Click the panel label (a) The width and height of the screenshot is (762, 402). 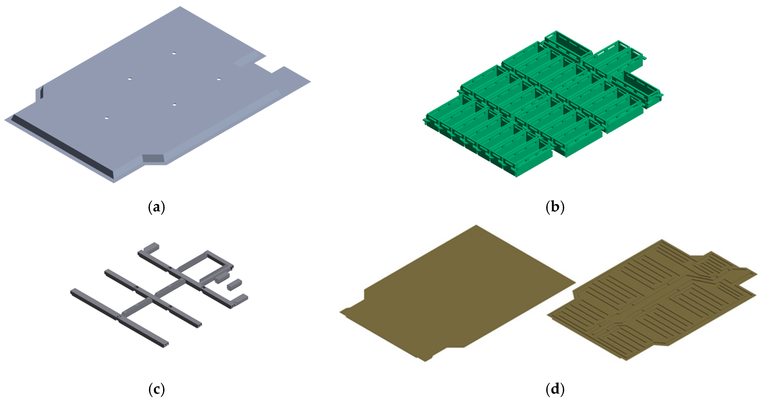156,207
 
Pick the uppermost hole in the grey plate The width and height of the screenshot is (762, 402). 174,54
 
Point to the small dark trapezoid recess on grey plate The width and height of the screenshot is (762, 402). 153,158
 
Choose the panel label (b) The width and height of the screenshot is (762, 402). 555,207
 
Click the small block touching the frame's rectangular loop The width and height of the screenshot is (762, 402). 222,278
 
